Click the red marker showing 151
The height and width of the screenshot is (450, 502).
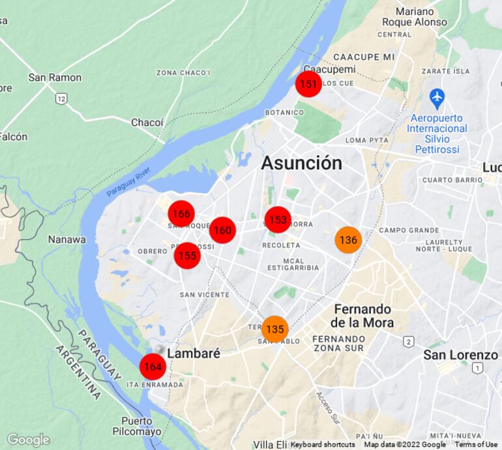(308, 84)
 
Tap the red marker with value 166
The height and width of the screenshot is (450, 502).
(181, 214)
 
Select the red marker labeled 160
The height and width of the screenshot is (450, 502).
(222, 230)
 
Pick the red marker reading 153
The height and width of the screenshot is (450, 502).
(278, 220)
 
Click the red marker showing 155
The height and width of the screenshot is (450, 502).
(187, 256)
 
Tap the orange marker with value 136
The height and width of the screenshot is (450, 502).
(348, 240)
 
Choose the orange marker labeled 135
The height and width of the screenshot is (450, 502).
(275, 329)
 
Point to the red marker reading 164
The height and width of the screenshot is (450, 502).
(153, 367)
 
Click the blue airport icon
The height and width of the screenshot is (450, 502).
(437, 98)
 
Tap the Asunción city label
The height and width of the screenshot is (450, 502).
(301, 163)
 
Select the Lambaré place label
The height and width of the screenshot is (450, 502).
(194, 353)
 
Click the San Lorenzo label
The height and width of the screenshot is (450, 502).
(460, 355)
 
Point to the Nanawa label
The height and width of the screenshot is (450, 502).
(66, 239)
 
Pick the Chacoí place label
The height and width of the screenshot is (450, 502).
(147, 123)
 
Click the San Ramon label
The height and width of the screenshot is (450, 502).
(55, 78)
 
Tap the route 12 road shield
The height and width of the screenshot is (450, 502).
(61, 98)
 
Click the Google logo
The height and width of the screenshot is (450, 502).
(28, 440)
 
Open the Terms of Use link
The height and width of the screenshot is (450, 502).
(476, 445)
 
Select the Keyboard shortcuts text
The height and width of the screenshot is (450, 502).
(323, 445)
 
